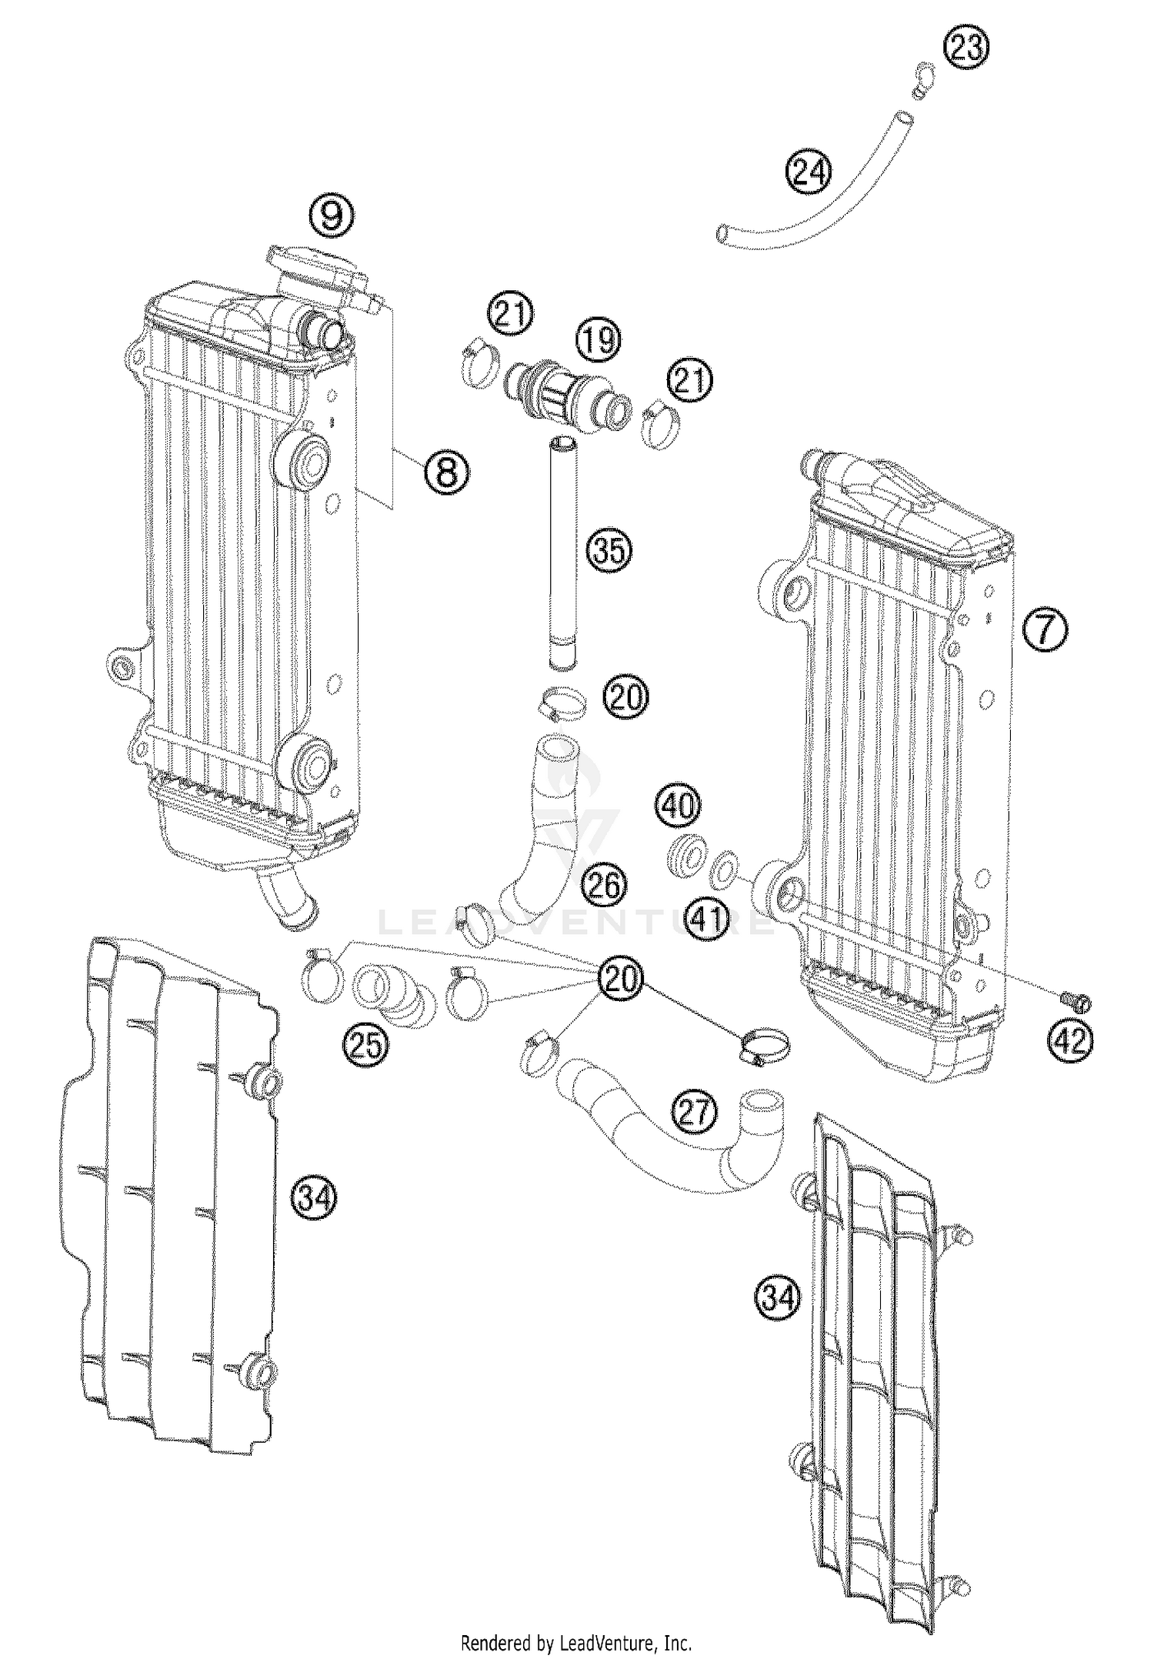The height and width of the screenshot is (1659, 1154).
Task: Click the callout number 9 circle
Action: tap(331, 216)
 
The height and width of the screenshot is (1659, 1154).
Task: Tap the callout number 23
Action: tap(966, 48)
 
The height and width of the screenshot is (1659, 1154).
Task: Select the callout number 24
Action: tap(809, 172)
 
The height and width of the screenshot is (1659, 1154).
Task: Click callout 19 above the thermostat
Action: tap(599, 339)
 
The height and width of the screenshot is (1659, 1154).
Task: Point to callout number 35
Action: tap(608, 551)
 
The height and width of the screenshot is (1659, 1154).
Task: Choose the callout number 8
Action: tap(447, 470)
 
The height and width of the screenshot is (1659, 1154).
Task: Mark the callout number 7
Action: tap(1045, 631)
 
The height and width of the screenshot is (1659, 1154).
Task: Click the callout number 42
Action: tap(1070, 1041)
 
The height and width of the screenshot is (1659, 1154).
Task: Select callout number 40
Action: tap(679, 806)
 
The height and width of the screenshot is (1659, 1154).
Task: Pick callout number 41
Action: tap(707, 918)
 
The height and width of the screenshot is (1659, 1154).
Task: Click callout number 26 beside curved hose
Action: tap(604, 886)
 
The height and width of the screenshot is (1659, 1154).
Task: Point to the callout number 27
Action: tap(694, 1111)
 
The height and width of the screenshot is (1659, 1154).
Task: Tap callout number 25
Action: tap(365, 1045)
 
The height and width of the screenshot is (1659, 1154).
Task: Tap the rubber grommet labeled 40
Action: tap(685, 854)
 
